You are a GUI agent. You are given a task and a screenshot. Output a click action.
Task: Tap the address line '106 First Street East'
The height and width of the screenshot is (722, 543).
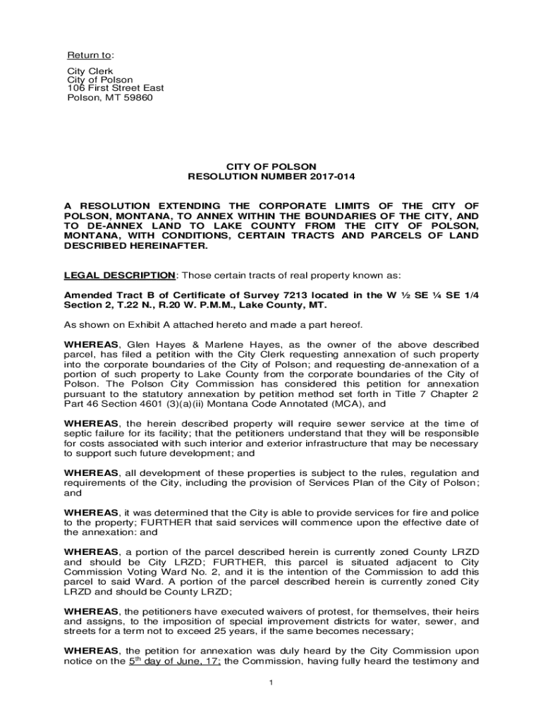(x=115, y=88)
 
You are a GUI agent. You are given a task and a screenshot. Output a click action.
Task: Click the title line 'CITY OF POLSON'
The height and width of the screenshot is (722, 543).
(x=271, y=167)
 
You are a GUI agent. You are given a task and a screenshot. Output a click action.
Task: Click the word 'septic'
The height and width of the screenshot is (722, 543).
(x=78, y=434)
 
